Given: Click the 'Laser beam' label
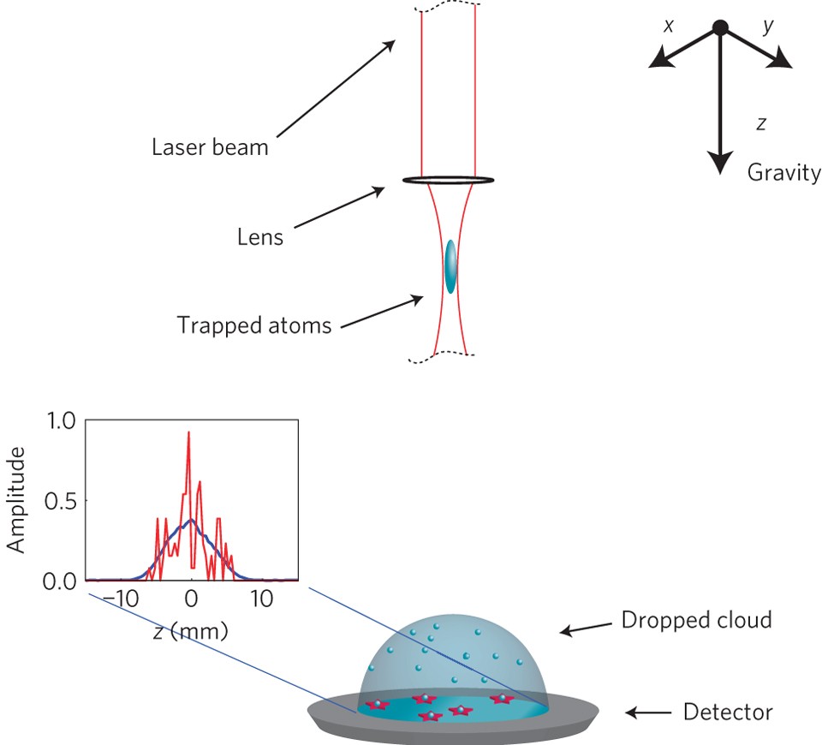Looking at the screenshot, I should click(210, 146).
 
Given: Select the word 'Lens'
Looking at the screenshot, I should click(259, 237).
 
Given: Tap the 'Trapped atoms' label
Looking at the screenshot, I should click(253, 325).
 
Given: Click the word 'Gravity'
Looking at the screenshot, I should click(783, 173).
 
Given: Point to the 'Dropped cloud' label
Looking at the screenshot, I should click(696, 619).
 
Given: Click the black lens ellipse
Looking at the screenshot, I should click(449, 180).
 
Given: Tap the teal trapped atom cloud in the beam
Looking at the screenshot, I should click(450, 267).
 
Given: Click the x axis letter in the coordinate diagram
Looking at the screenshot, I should click(668, 27).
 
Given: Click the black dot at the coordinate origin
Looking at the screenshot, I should click(720, 27).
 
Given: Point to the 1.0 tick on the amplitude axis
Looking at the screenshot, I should click(63, 420).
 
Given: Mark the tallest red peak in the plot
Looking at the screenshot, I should click(188, 433).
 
